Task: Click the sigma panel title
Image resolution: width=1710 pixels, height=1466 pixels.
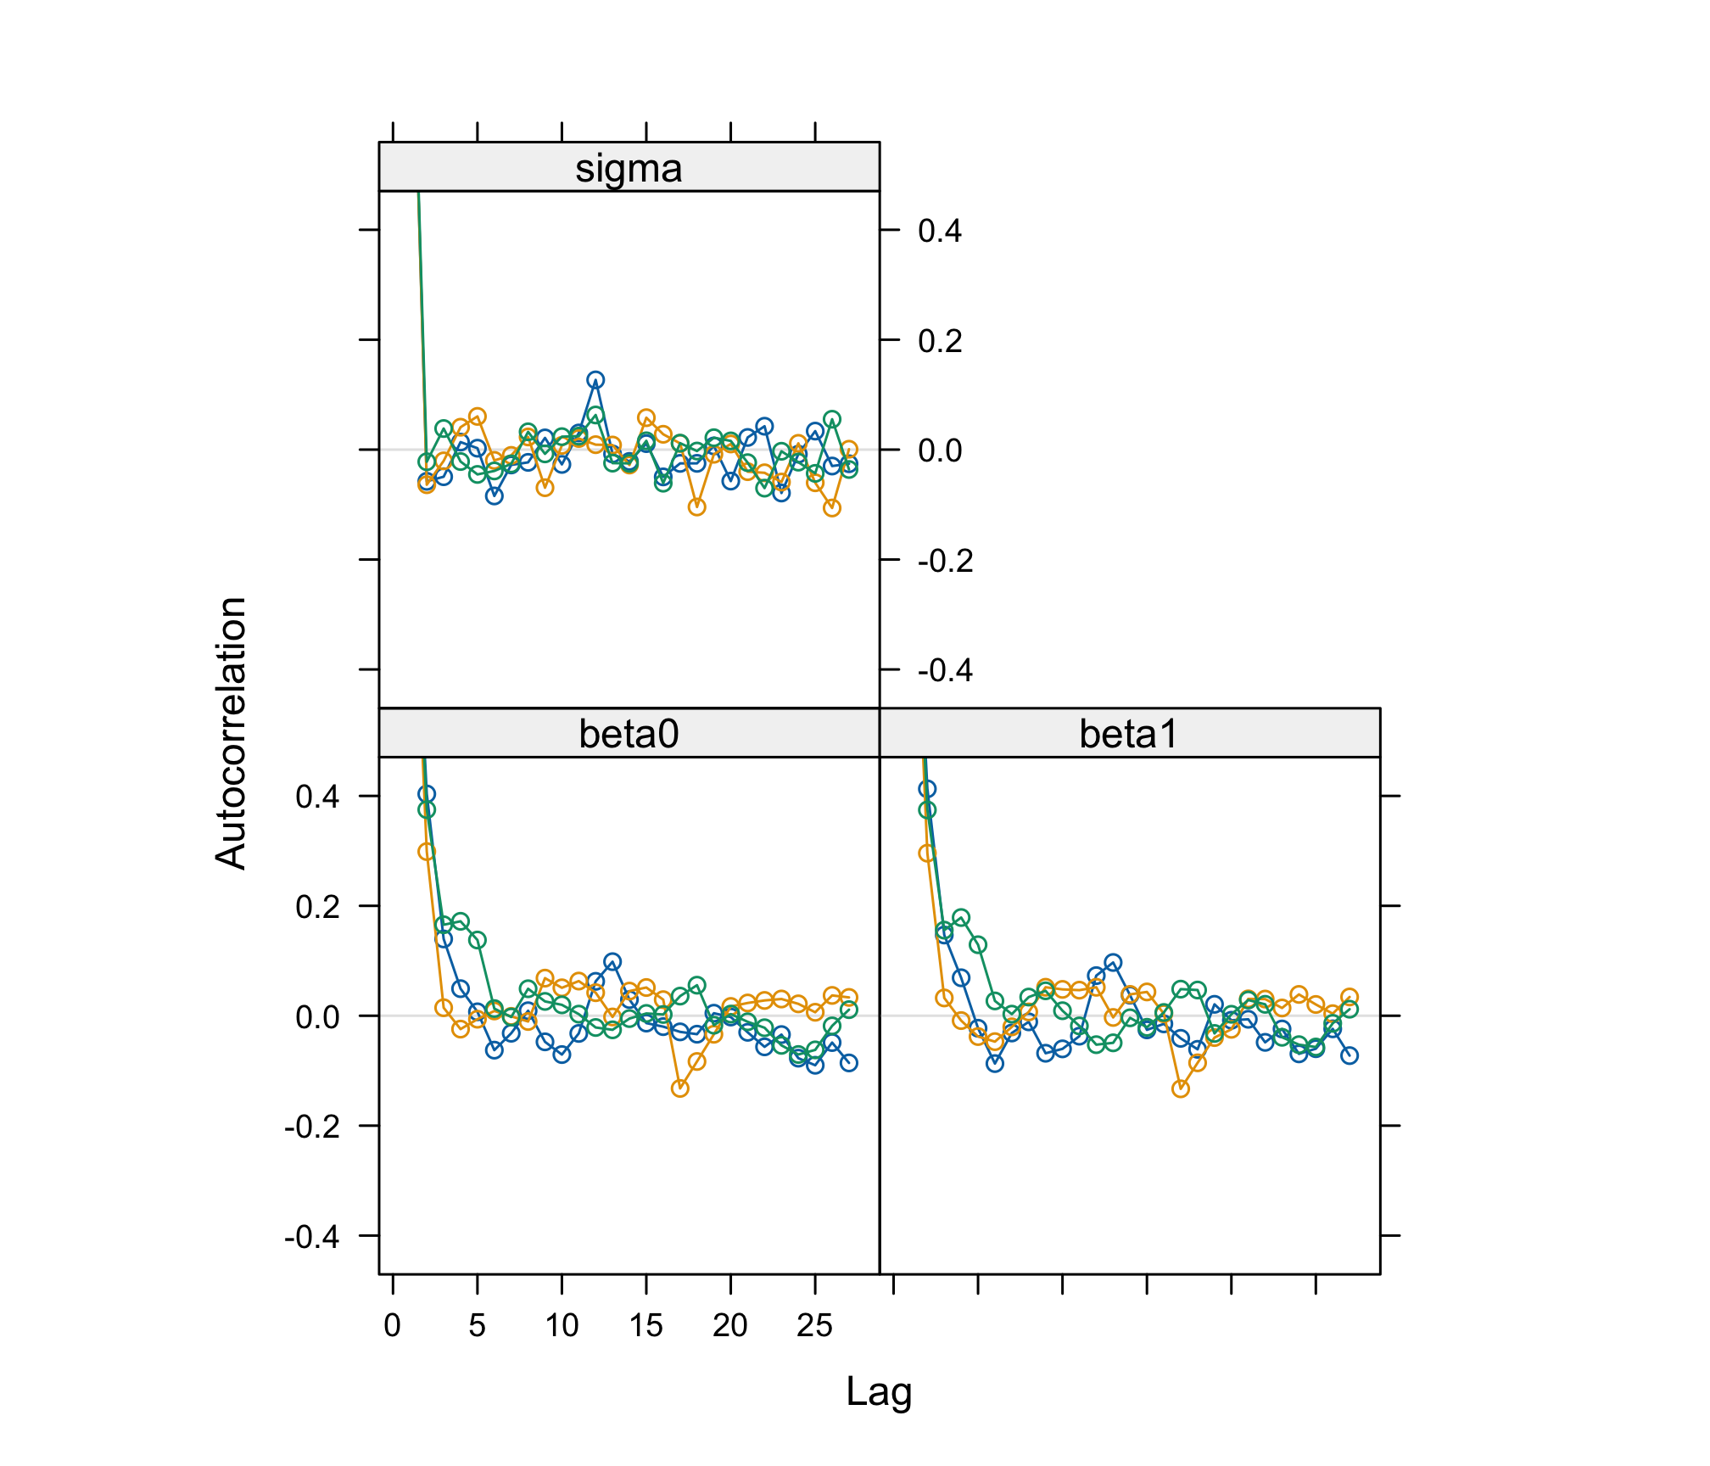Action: click(x=629, y=168)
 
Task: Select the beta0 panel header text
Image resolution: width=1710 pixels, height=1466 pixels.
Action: click(x=629, y=734)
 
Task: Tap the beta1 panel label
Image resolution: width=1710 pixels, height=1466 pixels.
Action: click(x=1129, y=734)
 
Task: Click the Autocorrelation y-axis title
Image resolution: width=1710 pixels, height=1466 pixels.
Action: click(x=231, y=733)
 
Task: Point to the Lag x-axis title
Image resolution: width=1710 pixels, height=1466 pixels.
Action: click(x=879, y=1392)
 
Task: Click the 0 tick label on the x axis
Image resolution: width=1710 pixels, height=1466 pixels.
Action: click(x=392, y=1325)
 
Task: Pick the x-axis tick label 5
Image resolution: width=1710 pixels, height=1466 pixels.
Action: click(x=477, y=1325)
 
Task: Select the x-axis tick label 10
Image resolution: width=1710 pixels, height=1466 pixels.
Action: click(x=562, y=1325)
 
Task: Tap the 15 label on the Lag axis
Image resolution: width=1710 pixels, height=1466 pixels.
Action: click(x=645, y=1325)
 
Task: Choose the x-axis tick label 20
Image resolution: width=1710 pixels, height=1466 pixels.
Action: click(x=730, y=1325)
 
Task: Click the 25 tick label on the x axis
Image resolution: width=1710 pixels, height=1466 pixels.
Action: click(x=814, y=1325)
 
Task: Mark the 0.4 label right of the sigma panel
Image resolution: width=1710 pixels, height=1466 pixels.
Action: click(x=940, y=231)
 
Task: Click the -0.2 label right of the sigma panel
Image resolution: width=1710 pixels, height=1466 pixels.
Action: click(x=945, y=561)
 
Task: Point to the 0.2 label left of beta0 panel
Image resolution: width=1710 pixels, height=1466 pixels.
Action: click(x=317, y=907)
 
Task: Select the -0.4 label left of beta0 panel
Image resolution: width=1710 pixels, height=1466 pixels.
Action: click(x=311, y=1237)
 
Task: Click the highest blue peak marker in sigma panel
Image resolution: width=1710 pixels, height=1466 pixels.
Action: click(x=595, y=380)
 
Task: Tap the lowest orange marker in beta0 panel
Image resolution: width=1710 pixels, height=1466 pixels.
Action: click(x=679, y=1088)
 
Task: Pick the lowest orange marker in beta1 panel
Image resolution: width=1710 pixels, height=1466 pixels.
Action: click(x=1180, y=1088)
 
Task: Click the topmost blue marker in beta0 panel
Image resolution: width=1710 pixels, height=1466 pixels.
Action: click(x=427, y=794)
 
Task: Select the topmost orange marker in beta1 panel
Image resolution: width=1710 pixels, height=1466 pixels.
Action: click(x=927, y=853)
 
